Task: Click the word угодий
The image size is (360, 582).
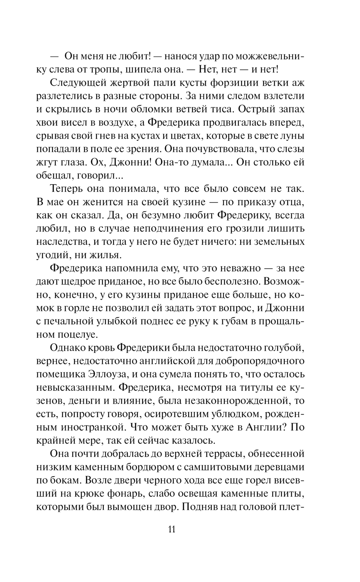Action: [x=53, y=255]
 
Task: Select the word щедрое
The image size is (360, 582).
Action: [x=85, y=281]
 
